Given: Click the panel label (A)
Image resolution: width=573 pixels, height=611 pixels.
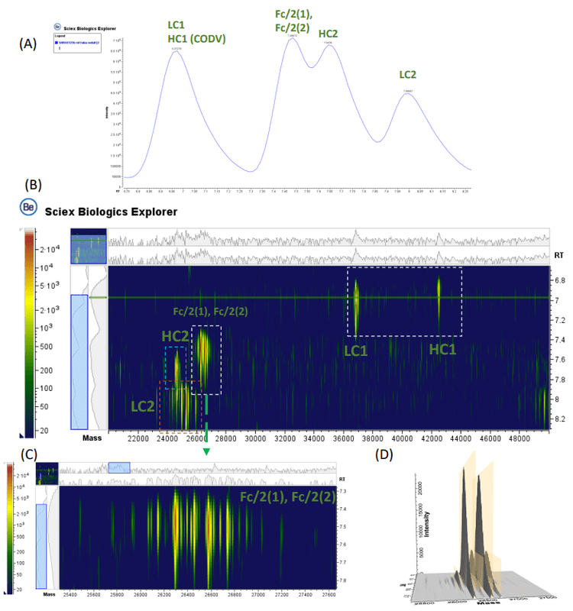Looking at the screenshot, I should tap(28, 44).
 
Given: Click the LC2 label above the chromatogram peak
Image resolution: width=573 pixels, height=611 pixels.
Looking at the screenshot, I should tap(410, 74).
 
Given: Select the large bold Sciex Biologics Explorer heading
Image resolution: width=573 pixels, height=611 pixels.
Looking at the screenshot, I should tap(112, 211).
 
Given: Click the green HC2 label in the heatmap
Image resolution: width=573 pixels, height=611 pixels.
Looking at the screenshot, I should tap(174, 336).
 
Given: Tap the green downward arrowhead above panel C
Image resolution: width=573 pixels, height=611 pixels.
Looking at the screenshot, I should tap(206, 452).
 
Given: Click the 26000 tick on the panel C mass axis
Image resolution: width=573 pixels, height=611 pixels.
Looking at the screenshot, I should tap(141, 593).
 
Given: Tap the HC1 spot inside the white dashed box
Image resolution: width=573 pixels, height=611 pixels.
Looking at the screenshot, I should tap(439, 294).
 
